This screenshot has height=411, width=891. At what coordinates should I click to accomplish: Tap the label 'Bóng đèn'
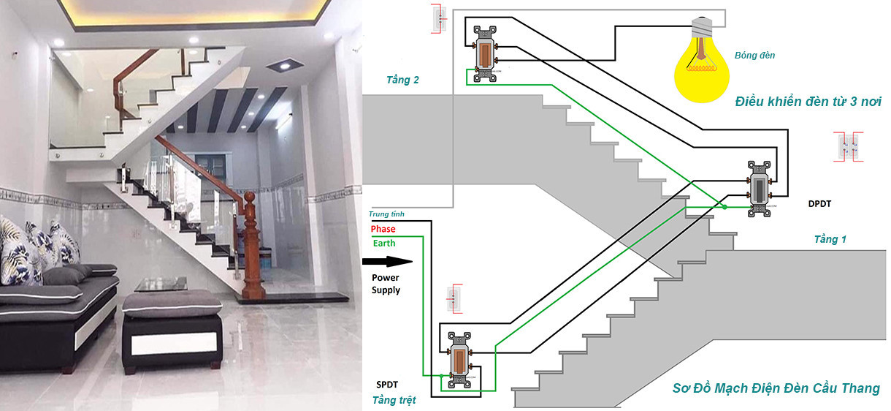pos(754,56)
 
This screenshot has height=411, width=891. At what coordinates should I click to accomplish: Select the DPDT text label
pos(819,203)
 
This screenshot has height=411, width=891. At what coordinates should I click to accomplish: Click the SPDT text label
pos(387,385)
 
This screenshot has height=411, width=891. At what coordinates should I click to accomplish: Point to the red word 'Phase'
pos(383,229)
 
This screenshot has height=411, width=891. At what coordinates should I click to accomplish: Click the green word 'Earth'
pos(384,243)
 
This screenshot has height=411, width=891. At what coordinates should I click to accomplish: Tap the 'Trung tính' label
pos(386,214)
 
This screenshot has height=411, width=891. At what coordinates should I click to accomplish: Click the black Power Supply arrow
pos(387,262)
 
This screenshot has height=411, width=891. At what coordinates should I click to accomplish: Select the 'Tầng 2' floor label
pos(402,80)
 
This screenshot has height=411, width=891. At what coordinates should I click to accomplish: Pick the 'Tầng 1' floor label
pos(830,239)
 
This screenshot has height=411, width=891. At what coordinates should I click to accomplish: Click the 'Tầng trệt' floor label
pos(394,400)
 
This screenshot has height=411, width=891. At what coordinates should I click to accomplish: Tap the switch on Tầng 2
pos(485,54)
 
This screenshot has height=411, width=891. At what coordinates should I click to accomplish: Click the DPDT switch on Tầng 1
pos(760,189)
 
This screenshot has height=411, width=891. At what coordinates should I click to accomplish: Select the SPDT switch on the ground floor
pos(459,360)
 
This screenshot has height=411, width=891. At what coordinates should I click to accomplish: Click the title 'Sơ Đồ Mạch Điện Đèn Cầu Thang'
pos(776,388)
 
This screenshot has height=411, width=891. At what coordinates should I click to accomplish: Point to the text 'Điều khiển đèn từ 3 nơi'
pos(808,102)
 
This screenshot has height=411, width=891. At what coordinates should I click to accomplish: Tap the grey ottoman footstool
pos(172,331)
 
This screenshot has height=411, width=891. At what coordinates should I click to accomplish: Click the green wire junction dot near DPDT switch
pos(724,207)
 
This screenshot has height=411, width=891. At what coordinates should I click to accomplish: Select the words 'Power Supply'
pos(386,284)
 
